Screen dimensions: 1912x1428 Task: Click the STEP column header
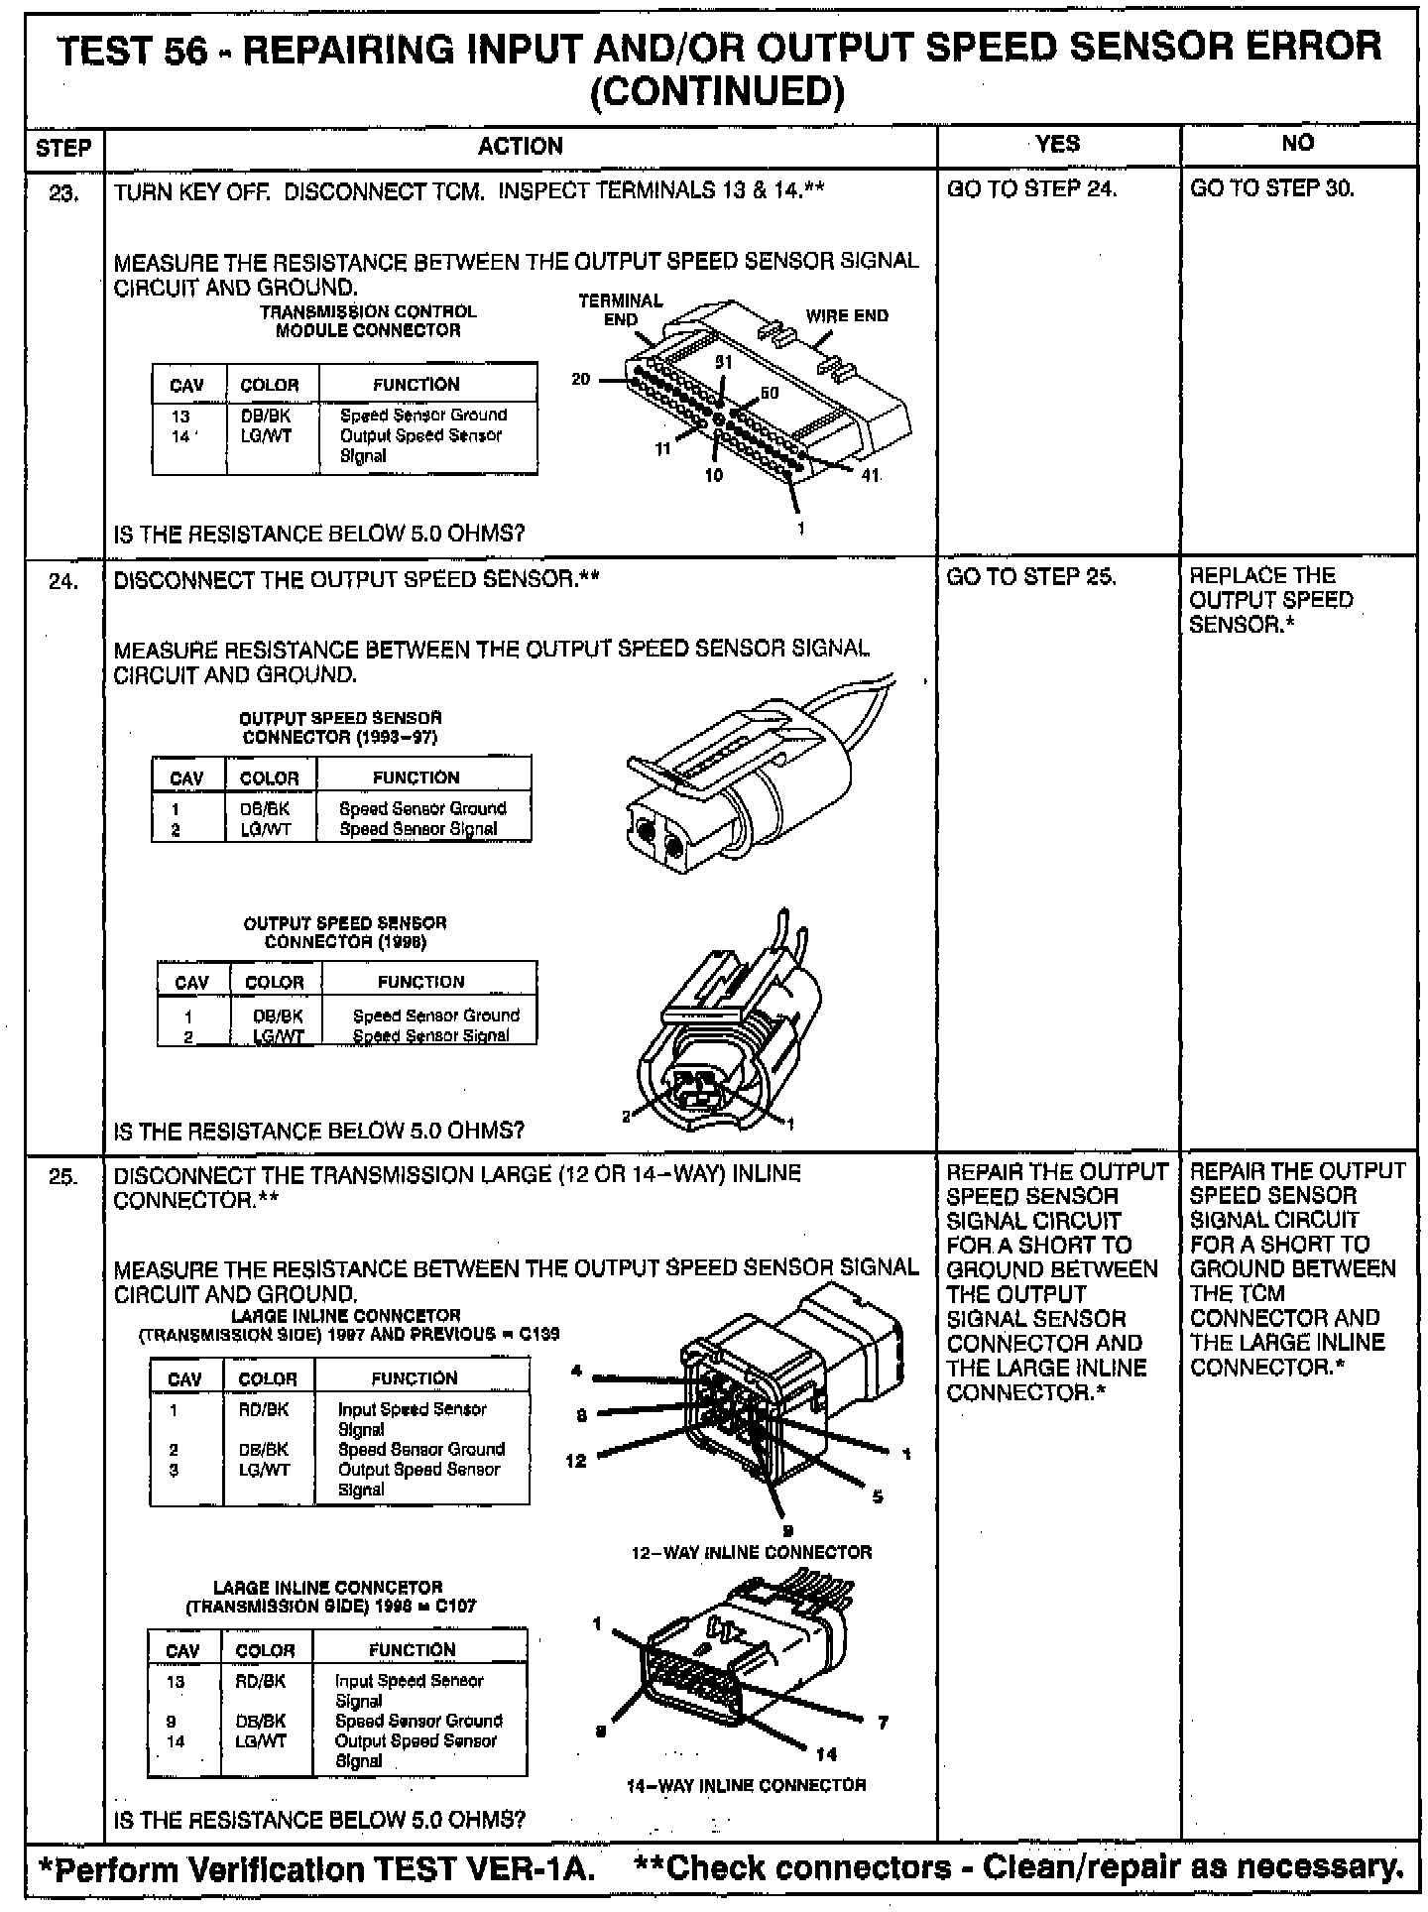(x=63, y=149)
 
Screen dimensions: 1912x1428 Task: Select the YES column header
(x=1058, y=145)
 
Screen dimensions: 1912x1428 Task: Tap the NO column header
(x=1297, y=144)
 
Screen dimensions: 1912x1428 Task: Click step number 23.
(x=63, y=193)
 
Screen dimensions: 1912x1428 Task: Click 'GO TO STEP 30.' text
(x=1271, y=188)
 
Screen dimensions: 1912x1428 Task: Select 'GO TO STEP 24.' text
(x=1031, y=188)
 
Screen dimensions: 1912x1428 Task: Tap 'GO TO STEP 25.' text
(x=1031, y=577)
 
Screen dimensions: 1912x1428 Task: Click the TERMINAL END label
(x=621, y=309)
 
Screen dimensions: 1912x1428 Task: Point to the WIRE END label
(x=847, y=316)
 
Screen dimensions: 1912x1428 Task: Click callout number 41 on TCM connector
(x=870, y=475)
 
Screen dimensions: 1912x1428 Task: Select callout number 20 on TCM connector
(x=581, y=379)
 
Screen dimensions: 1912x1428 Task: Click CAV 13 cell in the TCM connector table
(x=179, y=417)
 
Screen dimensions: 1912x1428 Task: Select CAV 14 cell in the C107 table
(x=176, y=1740)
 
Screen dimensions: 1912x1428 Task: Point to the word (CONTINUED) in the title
(x=717, y=91)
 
